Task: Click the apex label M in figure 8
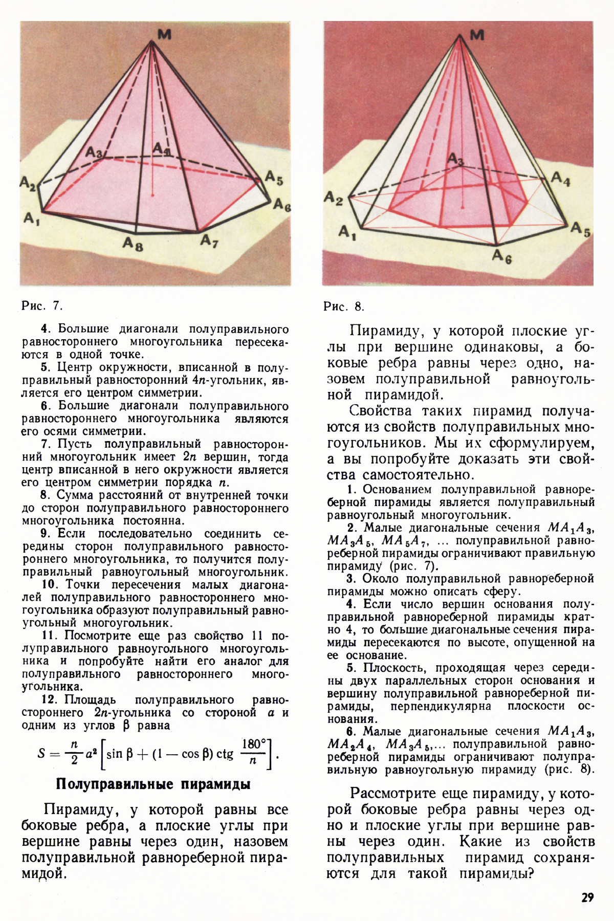point(476,35)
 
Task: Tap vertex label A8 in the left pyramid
point(133,245)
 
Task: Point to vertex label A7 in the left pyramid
point(209,240)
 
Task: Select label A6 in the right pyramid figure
point(501,257)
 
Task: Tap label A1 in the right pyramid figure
point(347,233)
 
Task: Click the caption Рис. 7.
point(42,306)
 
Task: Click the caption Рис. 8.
point(344,306)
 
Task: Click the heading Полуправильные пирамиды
point(153,784)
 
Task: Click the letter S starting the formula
point(42,753)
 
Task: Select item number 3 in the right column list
point(350,579)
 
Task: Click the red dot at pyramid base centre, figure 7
point(152,195)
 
